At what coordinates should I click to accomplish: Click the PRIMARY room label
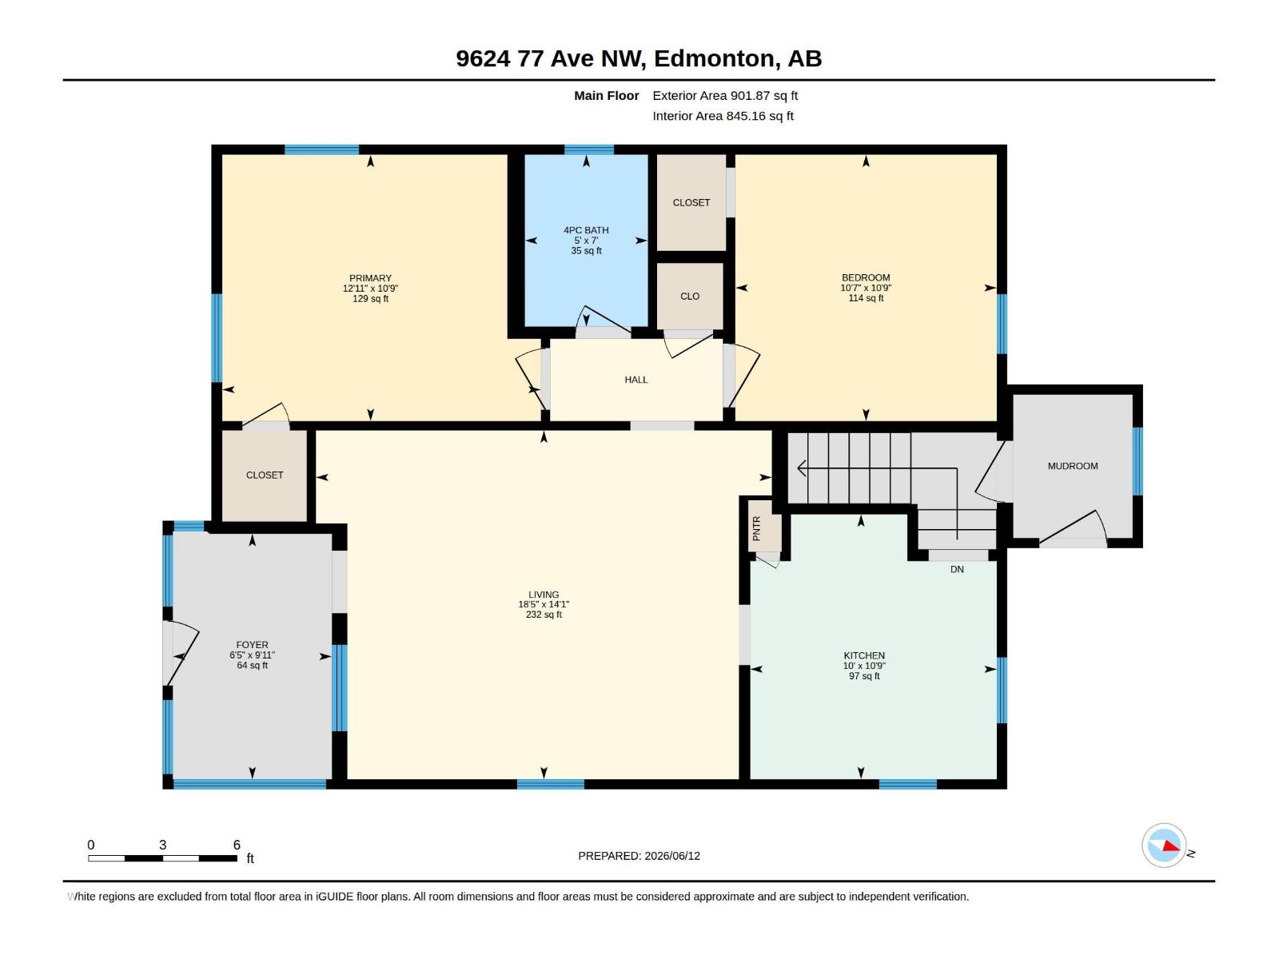pos(370,278)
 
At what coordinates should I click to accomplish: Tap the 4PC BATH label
pos(586,230)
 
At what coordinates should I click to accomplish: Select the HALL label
pos(636,380)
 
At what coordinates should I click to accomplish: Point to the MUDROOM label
pos(1072,466)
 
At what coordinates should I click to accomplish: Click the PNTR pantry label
pos(756,528)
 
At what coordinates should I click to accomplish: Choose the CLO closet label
pos(689,296)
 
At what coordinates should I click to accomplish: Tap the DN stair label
pos(957,569)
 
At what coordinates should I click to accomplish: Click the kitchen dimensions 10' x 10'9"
pos(863,666)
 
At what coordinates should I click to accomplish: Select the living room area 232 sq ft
pos(544,615)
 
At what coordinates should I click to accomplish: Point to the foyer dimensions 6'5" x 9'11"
pos(252,655)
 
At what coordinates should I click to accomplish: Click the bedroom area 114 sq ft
pos(865,298)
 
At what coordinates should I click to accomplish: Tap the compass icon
pos(1164,846)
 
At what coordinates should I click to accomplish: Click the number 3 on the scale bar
pos(162,845)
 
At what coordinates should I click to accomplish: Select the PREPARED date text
pos(639,856)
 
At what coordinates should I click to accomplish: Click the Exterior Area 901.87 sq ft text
pos(725,95)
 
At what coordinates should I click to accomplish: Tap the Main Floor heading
pos(606,95)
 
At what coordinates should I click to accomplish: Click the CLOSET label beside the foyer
pos(265,476)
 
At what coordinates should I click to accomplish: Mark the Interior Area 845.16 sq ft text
pos(723,116)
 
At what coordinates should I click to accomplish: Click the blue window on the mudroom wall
pos(1137,461)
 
